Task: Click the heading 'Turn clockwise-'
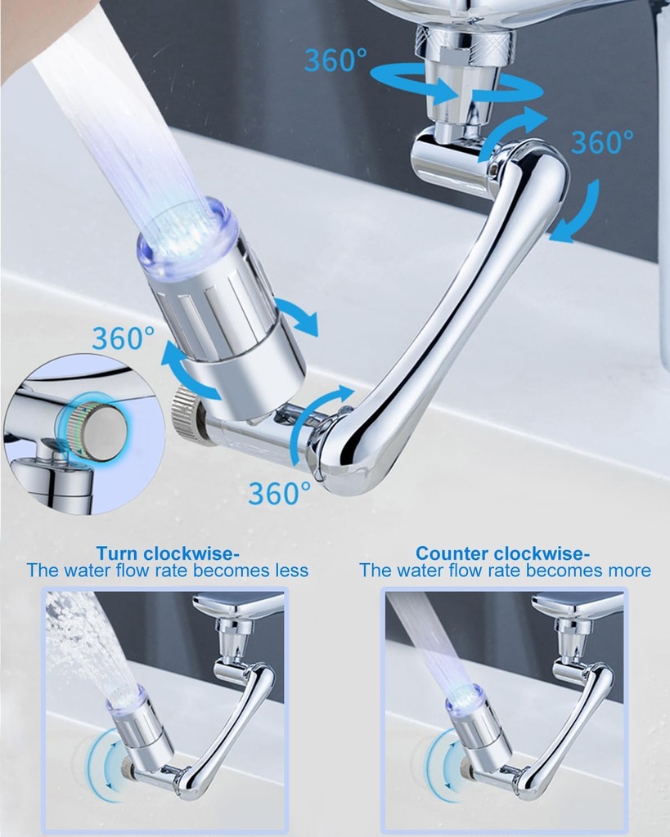167,553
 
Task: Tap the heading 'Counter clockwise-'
503,553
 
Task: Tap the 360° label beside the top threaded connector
335,60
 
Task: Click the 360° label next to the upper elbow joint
602,141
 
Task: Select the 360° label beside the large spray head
123,338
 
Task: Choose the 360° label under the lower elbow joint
280,493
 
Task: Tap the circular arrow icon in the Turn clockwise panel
104,765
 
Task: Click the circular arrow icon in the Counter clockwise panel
443,765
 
